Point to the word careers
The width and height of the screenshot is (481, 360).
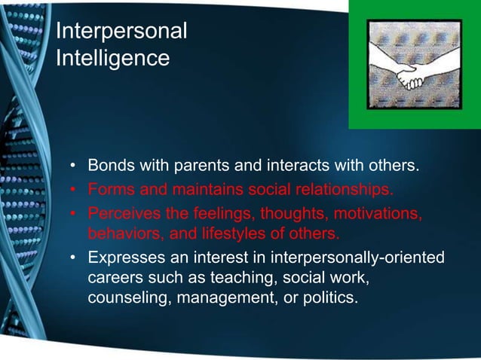coord(116,278)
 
